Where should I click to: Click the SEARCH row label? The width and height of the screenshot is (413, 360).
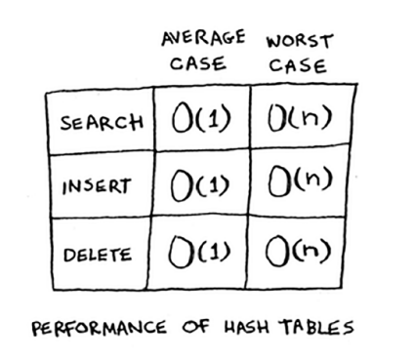point(102,124)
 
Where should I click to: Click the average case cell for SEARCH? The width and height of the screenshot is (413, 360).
point(201,122)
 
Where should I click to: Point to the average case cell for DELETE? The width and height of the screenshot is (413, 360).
point(201,255)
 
